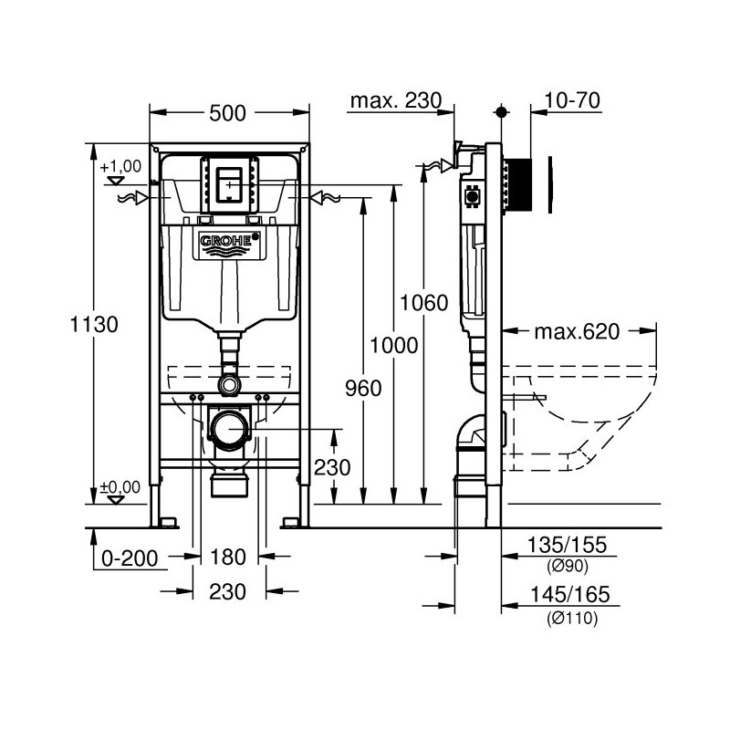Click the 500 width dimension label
tap(228, 113)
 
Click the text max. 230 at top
tap(394, 101)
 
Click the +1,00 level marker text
tap(121, 167)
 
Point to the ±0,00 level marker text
tap(120, 487)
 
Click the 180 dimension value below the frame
tap(228, 558)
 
